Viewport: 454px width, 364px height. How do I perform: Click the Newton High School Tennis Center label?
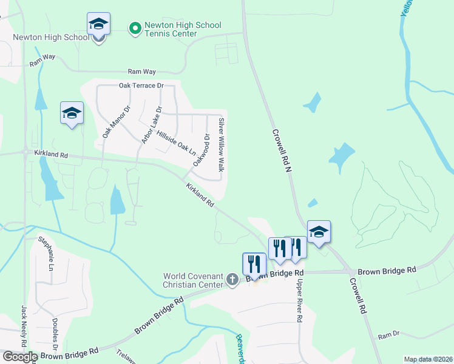tap(183, 29)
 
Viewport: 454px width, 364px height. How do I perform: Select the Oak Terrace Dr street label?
tap(142, 86)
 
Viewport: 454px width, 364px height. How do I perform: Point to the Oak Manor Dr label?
tap(117, 122)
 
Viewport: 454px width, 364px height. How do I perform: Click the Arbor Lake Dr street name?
tap(152, 126)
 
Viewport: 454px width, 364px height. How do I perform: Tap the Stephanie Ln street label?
tap(46, 254)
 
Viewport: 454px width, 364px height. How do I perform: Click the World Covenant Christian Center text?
tap(193, 281)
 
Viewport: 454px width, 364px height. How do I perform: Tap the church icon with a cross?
tap(231, 280)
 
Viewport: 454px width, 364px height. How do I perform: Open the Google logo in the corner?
tap(19, 357)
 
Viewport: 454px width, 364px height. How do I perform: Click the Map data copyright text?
tap(428, 359)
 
